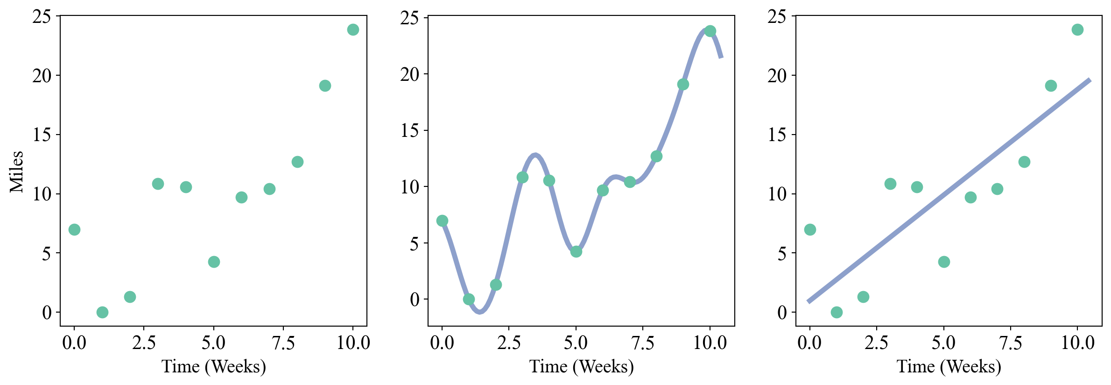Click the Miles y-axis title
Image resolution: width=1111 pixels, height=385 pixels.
[x=17, y=171]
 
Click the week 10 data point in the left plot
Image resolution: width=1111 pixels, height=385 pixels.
[x=353, y=29]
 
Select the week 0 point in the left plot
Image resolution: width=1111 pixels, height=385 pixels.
[x=74, y=229]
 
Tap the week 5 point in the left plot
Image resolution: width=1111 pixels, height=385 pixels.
[x=214, y=262]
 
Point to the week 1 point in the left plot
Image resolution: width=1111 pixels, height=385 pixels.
[x=102, y=312]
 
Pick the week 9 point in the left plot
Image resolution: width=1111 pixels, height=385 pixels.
[x=325, y=86]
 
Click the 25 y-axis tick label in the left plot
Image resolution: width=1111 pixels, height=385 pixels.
[x=42, y=17]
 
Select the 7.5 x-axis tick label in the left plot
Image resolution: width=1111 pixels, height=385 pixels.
[x=283, y=343]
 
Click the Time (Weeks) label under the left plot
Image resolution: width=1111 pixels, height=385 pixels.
[x=214, y=366]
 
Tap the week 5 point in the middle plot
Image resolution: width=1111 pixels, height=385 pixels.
[x=576, y=251]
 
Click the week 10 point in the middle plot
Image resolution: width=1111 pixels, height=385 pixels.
[x=710, y=31]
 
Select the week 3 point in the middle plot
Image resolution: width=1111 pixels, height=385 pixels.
[x=522, y=178]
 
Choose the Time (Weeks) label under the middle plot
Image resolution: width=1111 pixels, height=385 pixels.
[x=582, y=366]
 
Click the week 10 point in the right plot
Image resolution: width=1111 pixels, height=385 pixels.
[x=1077, y=29]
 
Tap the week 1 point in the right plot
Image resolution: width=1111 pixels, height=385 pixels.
[x=837, y=312]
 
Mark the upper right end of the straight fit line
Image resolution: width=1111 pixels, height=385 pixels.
[x=1090, y=80]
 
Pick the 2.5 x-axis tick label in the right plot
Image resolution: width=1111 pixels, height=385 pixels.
[x=876, y=343]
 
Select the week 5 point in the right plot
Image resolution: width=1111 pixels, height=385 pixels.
[x=944, y=262]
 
